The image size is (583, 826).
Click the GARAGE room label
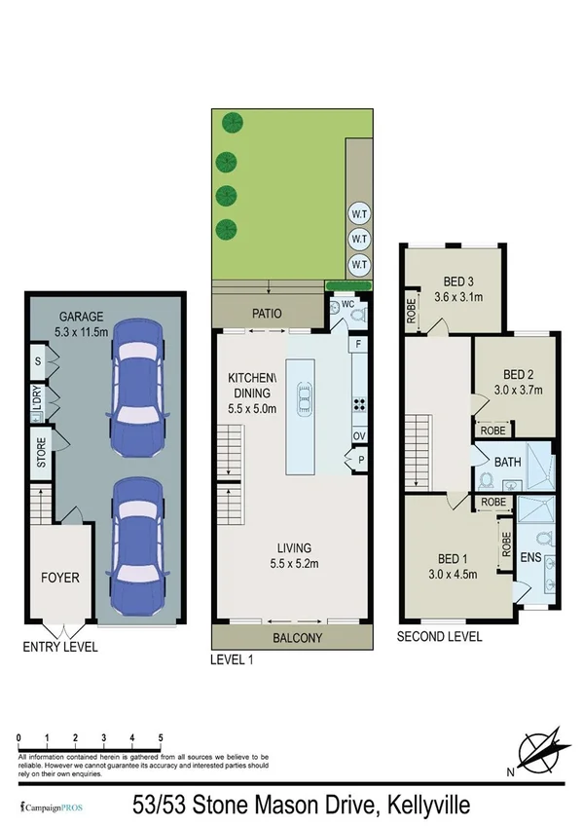82,317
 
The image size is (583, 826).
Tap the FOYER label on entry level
59,578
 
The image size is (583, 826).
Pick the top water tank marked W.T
358,213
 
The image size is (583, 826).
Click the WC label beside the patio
346,304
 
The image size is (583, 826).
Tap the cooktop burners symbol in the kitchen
357,406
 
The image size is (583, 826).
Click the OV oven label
358,435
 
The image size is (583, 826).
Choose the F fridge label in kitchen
358,344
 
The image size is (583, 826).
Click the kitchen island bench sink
305,395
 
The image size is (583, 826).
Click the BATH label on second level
507,462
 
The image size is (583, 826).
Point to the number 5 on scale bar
159,737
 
